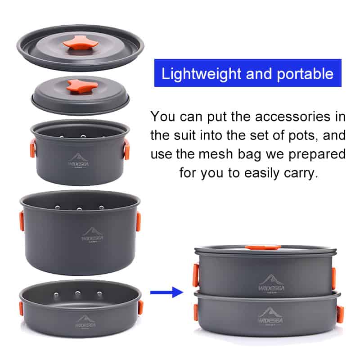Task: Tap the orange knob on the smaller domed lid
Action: [82, 86]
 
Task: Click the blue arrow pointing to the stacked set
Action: [166, 292]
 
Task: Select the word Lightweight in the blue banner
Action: [202, 74]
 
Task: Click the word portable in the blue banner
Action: [305, 74]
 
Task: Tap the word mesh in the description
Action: [216, 154]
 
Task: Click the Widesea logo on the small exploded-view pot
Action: [78, 161]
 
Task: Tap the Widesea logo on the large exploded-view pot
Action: [92, 234]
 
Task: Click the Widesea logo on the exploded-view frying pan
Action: [85, 322]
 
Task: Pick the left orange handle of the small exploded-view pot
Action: [33, 148]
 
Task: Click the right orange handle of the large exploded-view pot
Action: [139, 222]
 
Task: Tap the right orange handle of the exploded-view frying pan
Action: [140, 307]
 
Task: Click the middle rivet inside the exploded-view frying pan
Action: [78, 293]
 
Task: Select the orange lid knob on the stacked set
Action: [263, 247]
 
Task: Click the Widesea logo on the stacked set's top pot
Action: [271, 284]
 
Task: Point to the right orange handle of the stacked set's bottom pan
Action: [340, 314]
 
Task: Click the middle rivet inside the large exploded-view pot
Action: [79, 209]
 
